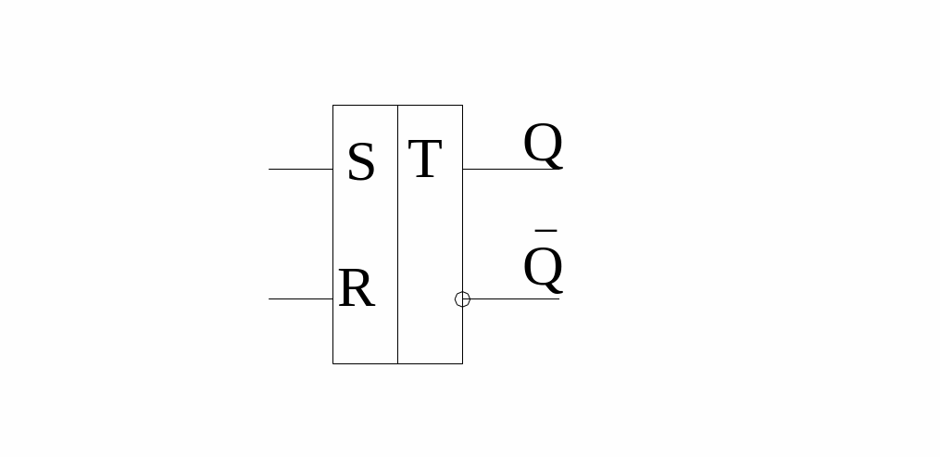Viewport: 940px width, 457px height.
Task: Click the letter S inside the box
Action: tap(360, 163)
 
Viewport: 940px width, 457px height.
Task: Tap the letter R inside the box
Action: tap(356, 289)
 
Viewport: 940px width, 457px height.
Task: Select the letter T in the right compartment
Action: tap(424, 159)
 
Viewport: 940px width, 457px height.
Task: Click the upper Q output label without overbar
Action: tap(543, 145)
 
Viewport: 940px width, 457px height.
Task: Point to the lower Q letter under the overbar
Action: tap(543, 269)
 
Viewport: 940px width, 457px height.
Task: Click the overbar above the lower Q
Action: tap(545, 230)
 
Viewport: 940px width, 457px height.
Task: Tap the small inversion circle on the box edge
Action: tap(462, 298)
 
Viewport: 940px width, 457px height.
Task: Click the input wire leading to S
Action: tap(301, 169)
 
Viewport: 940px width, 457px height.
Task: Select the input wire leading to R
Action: tap(301, 298)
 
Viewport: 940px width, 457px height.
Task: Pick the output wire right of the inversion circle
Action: tap(515, 298)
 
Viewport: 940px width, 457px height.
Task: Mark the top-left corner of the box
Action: tap(332, 105)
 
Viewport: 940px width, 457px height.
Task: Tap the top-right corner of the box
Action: tap(462, 105)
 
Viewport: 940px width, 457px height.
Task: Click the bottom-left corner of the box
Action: tap(332, 363)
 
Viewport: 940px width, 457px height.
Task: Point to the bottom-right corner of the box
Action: tap(462, 363)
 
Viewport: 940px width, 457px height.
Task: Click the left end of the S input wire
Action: tap(269, 169)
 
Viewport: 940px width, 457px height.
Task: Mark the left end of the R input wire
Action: tap(269, 298)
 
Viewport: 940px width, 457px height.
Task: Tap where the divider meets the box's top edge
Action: tap(397, 105)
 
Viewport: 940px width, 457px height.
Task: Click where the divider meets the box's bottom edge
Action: tap(397, 363)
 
